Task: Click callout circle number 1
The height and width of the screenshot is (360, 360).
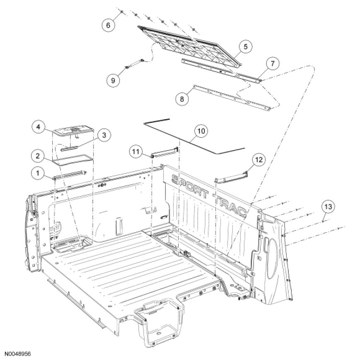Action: [38, 173]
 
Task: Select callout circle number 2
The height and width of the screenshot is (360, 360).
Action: [38, 156]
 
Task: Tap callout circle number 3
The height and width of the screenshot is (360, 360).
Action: [104, 135]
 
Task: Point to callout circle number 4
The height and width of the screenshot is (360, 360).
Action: [38, 127]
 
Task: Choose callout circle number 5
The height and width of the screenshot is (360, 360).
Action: [245, 47]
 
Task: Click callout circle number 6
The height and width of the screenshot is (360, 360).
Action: [108, 25]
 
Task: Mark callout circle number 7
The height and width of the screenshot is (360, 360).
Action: [273, 63]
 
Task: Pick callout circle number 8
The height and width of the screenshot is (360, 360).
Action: [182, 99]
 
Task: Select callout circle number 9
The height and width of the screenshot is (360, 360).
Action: [113, 80]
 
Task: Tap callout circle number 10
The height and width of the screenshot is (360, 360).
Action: [201, 131]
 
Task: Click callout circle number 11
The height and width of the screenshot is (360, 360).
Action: [136, 152]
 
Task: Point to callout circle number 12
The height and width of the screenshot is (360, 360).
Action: [259, 160]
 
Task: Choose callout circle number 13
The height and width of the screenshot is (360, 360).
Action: [328, 206]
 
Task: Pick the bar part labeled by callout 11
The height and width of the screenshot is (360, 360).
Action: [164, 152]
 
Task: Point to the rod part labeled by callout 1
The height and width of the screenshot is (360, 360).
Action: [70, 175]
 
